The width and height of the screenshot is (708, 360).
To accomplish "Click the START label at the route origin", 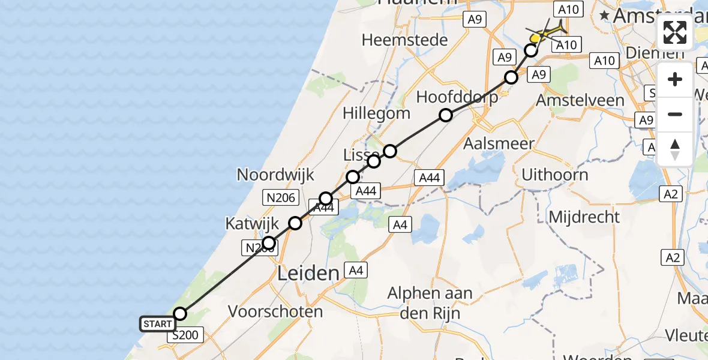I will tap(157, 325).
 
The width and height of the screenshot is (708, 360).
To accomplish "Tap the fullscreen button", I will tap(675, 32).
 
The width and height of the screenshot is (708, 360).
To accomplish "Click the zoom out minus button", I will tap(675, 114).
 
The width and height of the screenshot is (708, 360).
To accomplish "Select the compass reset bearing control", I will tap(675, 149).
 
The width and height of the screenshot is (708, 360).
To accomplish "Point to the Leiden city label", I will tap(308, 274).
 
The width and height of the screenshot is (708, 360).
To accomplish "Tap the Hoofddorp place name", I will tap(457, 97).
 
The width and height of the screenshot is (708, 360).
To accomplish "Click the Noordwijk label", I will tap(275, 175).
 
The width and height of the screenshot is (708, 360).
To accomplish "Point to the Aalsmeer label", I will tap(490, 144).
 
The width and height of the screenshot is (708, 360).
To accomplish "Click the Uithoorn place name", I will tap(554, 175).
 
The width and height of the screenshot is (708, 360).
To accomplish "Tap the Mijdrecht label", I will tap(584, 216).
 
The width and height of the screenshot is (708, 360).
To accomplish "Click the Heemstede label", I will tap(405, 40).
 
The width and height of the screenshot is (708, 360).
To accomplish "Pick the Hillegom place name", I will tap(377, 113).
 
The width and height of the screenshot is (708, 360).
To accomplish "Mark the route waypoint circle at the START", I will tap(180, 314).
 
